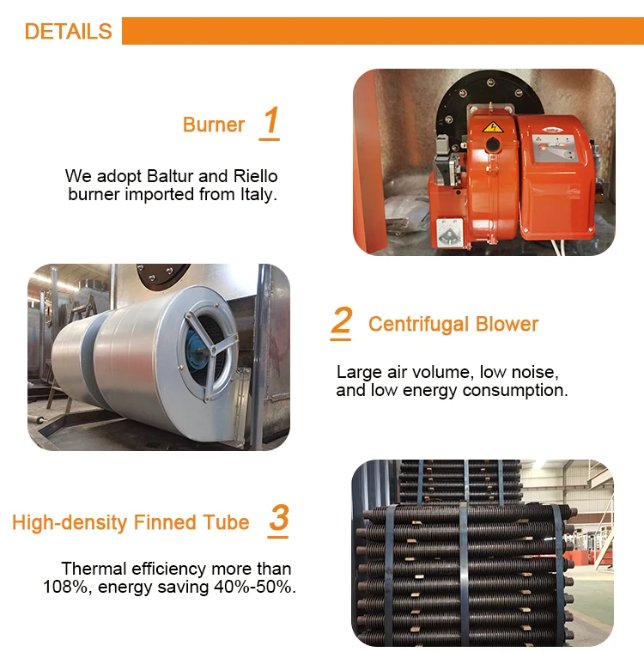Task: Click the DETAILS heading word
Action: pos(68,31)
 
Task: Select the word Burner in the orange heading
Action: pos(214,125)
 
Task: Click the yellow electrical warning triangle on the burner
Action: pos(493,127)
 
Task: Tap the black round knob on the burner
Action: pos(493,144)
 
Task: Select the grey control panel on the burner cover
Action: pos(555,148)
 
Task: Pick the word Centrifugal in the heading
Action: pos(419,325)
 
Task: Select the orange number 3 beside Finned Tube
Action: pos(279,518)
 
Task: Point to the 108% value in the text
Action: pos(66,587)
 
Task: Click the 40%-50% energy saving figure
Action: pos(254,587)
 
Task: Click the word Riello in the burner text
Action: pos(255,176)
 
